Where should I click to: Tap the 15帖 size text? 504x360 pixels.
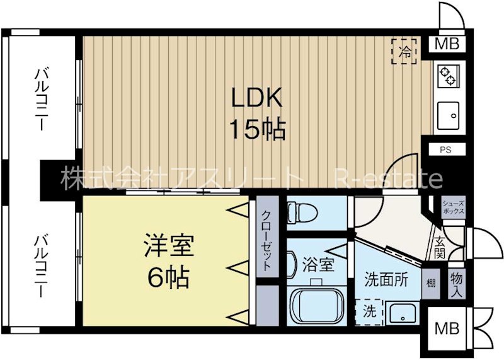[257, 130]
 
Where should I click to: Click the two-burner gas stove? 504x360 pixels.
[449, 75]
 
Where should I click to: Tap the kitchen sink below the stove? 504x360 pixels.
[449, 115]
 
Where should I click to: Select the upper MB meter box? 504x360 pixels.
[448, 45]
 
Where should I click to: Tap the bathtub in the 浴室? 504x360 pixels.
[318, 306]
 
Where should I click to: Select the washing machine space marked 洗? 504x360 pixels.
[370, 311]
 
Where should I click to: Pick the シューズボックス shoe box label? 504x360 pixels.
[453, 207]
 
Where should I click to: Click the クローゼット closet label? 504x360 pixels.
[267, 240]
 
